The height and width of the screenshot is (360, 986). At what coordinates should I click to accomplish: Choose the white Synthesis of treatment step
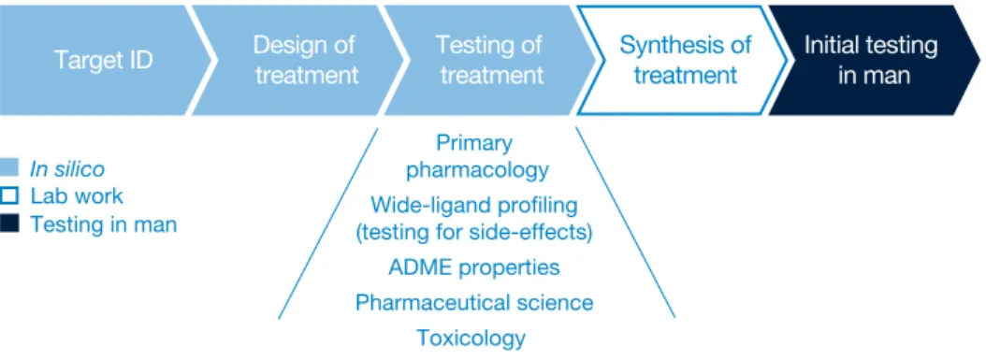(x=682, y=61)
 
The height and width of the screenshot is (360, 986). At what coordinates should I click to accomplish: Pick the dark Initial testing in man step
(x=874, y=61)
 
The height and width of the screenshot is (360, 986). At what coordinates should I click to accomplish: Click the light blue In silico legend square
(x=9, y=168)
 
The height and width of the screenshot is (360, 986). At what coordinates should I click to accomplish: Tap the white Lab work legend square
(x=9, y=196)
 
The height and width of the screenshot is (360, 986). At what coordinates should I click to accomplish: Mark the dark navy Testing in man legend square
(x=9, y=223)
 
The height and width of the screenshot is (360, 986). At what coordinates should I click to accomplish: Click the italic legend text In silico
(x=67, y=168)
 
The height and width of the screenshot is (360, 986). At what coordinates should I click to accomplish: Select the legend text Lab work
(x=77, y=196)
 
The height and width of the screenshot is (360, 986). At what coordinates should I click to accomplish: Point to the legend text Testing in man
(x=104, y=224)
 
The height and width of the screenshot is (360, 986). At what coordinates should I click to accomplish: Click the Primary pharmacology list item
(x=475, y=156)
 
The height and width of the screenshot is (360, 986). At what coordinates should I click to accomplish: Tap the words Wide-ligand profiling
(x=474, y=205)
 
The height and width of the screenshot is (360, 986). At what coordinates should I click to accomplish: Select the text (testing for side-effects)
(x=474, y=233)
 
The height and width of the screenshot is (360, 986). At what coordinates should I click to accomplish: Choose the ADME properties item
(x=474, y=267)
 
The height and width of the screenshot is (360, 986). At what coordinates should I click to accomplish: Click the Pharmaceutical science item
(x=474, y=303)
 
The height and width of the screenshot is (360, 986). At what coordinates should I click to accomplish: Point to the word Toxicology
(x=471, y=338)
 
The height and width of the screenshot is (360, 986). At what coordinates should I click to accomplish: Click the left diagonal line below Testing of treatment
(x=327, y=223)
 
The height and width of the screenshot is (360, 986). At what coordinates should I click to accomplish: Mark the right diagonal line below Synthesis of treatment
(x=626, y=223)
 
